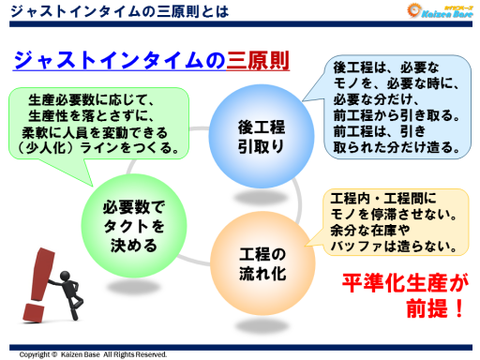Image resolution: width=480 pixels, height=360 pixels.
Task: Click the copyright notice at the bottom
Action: point(93,354)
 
